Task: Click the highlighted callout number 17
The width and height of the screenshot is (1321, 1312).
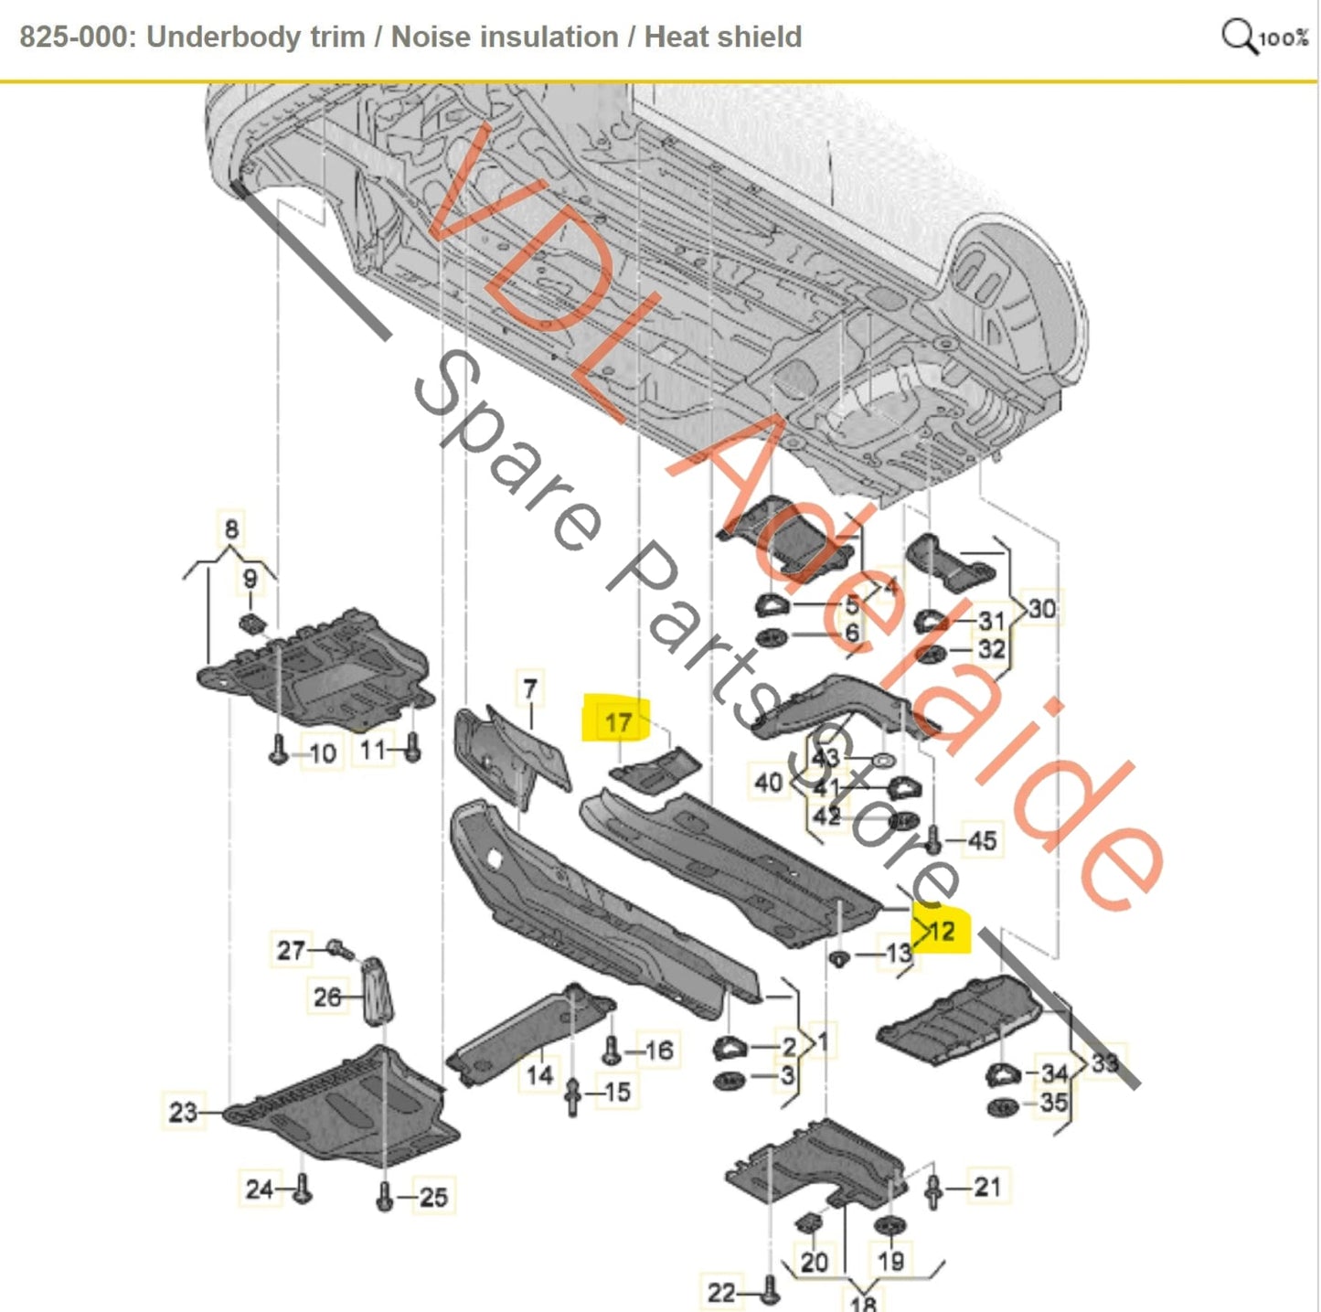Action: [x=618, y=723]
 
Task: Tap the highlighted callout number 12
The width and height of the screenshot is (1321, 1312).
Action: [x=941, y=931]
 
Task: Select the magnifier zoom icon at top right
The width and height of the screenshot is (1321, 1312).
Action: [x=1239, y=37]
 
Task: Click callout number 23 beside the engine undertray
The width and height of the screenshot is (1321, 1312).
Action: [x=183, y=1112]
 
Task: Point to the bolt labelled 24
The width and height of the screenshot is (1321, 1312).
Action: [x=303, y=1189]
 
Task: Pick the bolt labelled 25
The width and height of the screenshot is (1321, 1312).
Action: [x=385, y=1196]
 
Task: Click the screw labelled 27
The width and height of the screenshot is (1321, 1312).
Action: [x=340, y=949]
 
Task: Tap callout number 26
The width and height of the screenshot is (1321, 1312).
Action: [x=327, y=997]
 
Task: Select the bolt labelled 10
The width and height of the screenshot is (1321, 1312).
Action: [x=279, y=752]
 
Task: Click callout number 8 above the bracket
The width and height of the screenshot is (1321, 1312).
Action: [x=231, y=528]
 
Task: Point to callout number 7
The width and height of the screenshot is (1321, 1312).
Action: [x=530, y=689]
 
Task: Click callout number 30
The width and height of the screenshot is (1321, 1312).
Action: [x=1042, y=608]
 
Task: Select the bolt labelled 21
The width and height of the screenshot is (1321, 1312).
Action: [x=933, y=1190]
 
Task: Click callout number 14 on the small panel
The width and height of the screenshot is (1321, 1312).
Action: [x=539, y=1073]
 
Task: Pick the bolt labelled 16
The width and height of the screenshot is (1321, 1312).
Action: [x=612, y=1051]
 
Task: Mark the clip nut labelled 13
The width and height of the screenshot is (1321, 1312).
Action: [x=838, y=957]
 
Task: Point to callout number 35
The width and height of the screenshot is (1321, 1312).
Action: [x=1053, y=1103]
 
